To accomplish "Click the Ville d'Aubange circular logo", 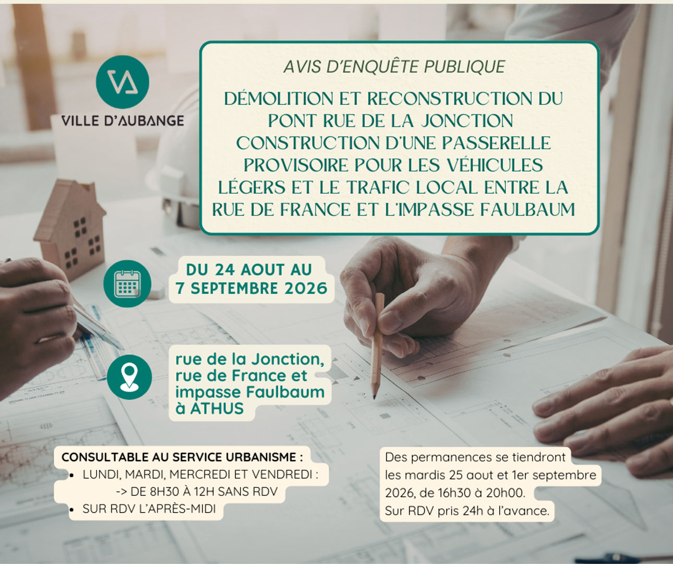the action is pos(123,82).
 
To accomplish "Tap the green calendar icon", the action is pos(127,284).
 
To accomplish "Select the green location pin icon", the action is pos(129,377).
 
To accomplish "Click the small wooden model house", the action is pos(70,229).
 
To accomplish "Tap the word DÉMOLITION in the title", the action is pos(279,98).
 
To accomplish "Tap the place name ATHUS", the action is pos(217,409).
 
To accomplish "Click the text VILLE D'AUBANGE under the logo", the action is pos(123,121).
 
